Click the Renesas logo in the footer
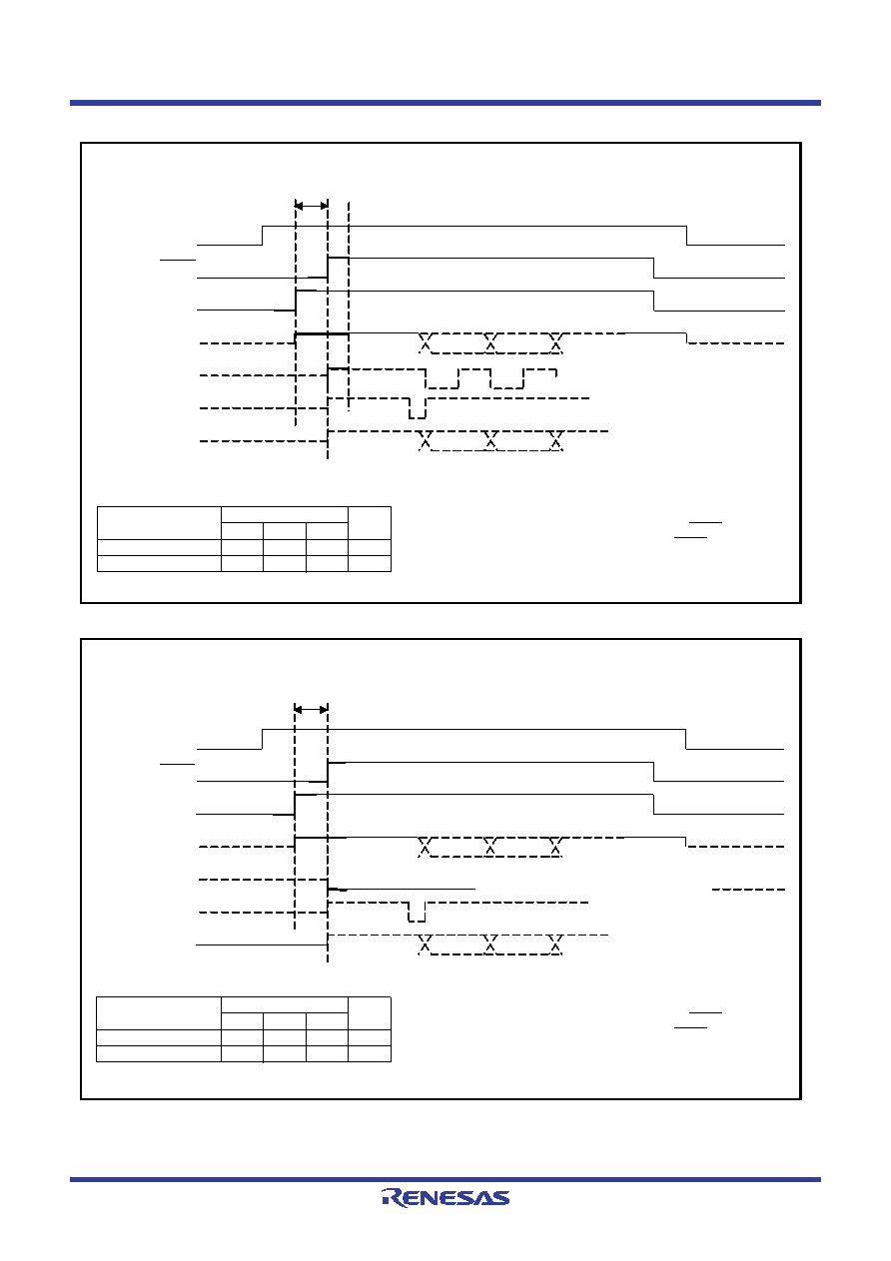[x=445, y=1197]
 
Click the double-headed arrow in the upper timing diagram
[x=312, y=206]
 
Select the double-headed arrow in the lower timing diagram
[x=311, y=710]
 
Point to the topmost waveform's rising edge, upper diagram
[x=263, y=236]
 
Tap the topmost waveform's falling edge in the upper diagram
[x=686, y=236]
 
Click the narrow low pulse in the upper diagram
[x=418, y=408]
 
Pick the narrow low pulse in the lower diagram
[x=417, y=912]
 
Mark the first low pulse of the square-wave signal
[x=443, y=378]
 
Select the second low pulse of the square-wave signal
[x=506, y=378]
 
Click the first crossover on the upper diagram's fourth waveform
[x=426, y=342]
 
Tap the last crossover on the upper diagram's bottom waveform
[x=556, y=440]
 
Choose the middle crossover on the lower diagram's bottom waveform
[x=490, y=945]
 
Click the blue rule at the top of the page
[x=445, y=103]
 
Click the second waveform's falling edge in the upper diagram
[x=654, y=268]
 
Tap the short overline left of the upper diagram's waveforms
[x=178, y=260]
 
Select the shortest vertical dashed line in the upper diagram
[x=349, y=307]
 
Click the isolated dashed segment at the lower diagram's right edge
[x=748, y=890]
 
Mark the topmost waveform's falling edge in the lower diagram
[x=686, y=739]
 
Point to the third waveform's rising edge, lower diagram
[x=295, y=805]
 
